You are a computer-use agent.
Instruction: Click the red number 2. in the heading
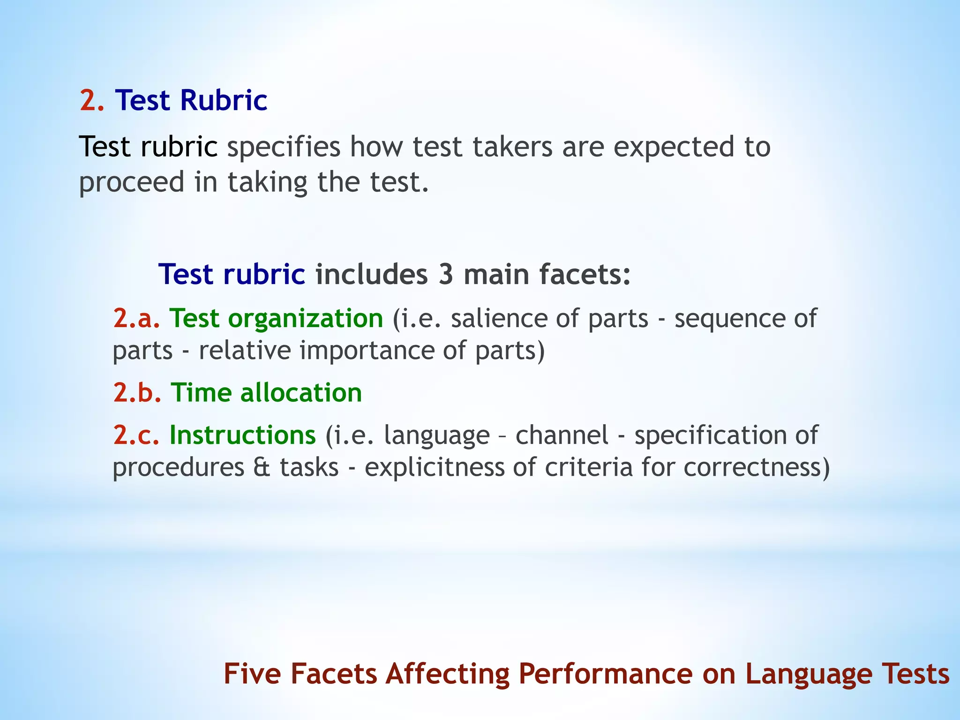click(92, 100)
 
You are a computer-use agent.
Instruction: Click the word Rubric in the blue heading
click(223, 100)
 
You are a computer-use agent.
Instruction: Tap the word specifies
click(283, 147)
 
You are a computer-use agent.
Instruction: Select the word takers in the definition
click(512, 147)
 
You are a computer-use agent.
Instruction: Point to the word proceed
click(131, 183)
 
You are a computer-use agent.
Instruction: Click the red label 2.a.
click(136, 319)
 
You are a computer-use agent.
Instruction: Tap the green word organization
click(305, 319)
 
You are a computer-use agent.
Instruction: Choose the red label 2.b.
click(137, 393)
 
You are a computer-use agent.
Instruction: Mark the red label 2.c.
click(136, 435)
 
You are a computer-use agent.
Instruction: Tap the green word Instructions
click(242, 435)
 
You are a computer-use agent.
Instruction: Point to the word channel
click(562, 435)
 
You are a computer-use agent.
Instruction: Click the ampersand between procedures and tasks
click(262, 467)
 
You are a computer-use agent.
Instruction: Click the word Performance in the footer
click(605, 674)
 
